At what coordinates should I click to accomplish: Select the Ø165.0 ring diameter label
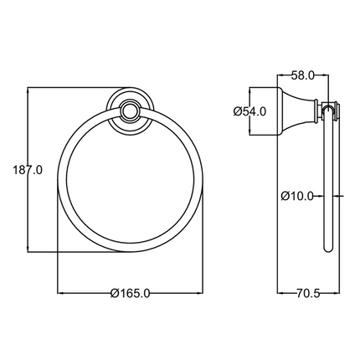pyautogui.click(x=130, y=292)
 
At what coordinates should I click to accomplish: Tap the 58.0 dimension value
pyautogui.click(x=303, y=75)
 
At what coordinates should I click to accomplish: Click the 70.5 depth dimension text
pyautogui.click(x=311, y=292)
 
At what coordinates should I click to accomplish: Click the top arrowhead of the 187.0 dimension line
pyautogui.click(x=29, y=88)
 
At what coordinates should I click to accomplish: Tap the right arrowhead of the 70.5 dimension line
pyautogui.click(x=340, y=292)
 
